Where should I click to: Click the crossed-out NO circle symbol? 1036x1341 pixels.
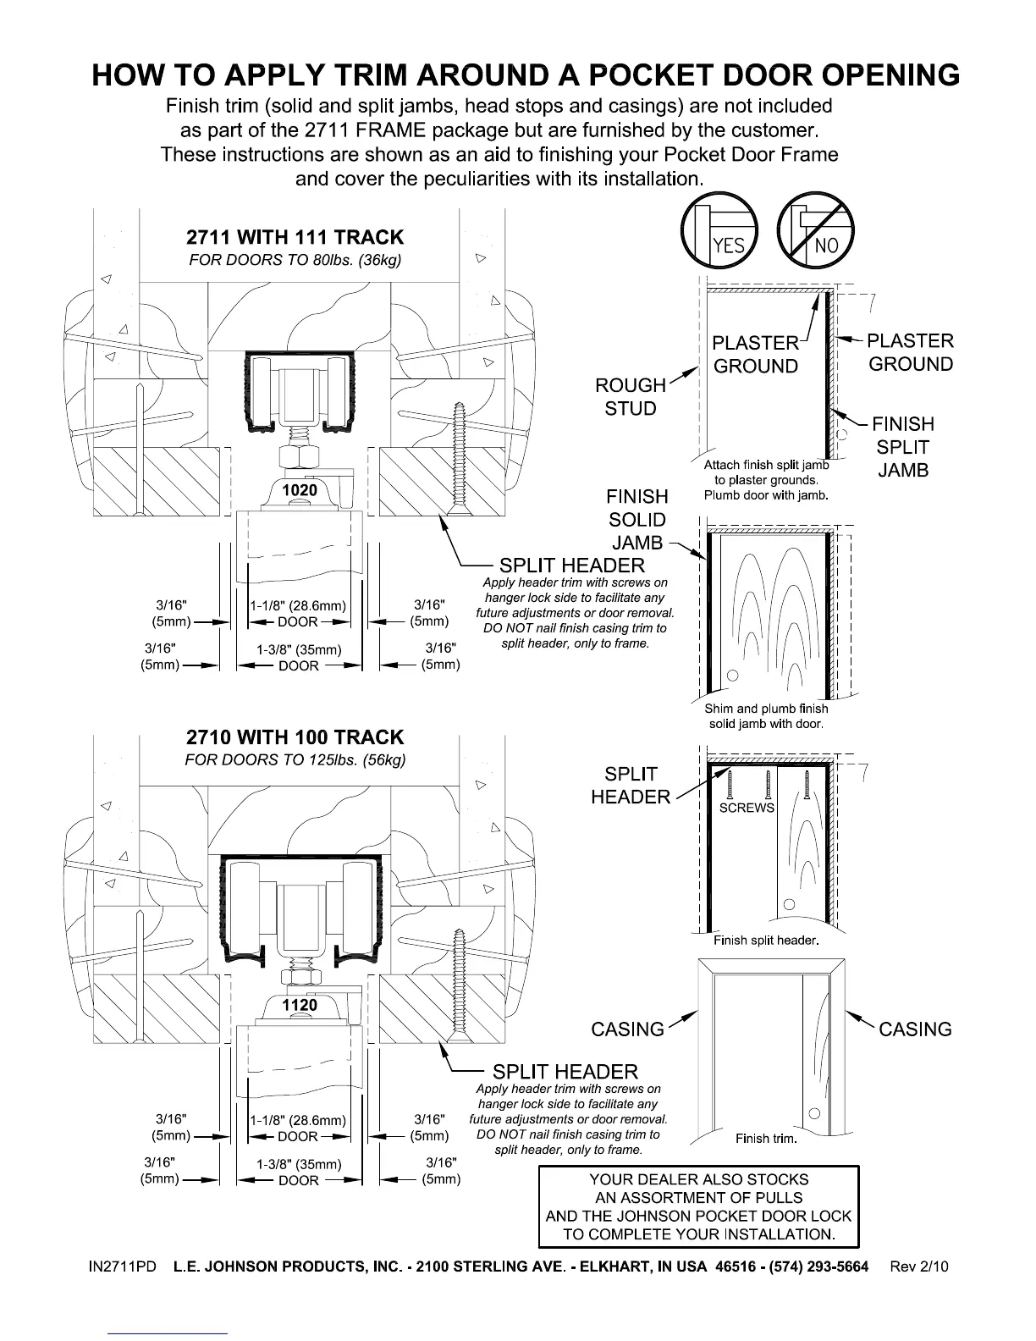(x=816, y=231)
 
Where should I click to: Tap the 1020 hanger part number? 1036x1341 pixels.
(x=299, y=490)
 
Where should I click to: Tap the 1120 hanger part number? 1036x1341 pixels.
(x=300, y=1005)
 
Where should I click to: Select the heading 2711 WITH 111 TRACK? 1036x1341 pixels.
(x=295, y=237)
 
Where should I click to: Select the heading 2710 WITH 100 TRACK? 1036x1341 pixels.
(x=295, y=737)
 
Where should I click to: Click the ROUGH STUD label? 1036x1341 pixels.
(x=631, y=396)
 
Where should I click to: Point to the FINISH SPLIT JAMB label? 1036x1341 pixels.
(x=903, y=447)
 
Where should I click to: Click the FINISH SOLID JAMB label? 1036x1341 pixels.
(x=636, y=519)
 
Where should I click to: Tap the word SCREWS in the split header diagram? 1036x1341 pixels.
(x=747, y=808)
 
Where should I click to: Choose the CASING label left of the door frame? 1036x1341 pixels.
(x=627, y=1029)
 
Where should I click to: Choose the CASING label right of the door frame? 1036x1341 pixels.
(x=915, y=1029)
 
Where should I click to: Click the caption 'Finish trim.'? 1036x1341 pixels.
(x=766, y=1139)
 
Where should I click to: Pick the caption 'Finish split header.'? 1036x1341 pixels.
(x=766, y=941)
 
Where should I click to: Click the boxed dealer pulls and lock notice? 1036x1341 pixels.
(x=698, y=1206)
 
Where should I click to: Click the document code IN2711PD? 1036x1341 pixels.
(x=123, y=1266)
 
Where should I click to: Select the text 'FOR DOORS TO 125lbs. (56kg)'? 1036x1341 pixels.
(x=295, y=759)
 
